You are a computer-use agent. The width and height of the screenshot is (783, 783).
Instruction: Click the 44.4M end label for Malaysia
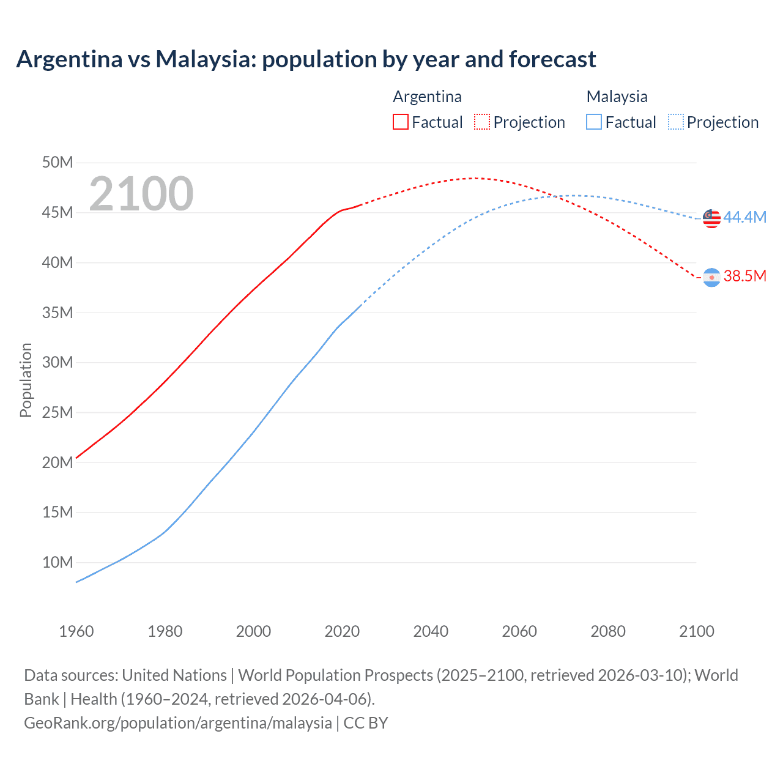click(x=744, y=217)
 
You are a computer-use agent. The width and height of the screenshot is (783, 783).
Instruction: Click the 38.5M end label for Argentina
click(x=744, y=276)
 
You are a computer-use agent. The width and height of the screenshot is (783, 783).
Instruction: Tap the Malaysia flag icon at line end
click(x=711, y=218)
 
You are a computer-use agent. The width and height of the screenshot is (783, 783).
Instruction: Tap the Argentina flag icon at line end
click(x=711, y=277)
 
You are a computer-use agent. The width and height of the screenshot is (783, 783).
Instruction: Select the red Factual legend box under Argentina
click(x=400, y=122)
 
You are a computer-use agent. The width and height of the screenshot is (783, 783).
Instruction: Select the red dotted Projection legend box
click(x=482, y=122)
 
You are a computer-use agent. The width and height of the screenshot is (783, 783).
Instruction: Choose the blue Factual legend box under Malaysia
click(x=593, y=122)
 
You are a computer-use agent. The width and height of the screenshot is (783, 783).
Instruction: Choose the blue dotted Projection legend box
click(x=675, y=122)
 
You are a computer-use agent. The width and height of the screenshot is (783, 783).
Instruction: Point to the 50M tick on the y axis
click(x=58, y=162)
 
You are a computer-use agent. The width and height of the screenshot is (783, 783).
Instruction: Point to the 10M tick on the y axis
click(x=58, y=562)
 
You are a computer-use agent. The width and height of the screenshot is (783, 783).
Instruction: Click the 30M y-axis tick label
click(x=58, y=362)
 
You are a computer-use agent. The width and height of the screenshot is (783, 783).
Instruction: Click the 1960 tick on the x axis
click(x=76, y=631)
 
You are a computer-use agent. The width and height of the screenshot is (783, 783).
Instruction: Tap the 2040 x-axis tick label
click(x=431, y=631)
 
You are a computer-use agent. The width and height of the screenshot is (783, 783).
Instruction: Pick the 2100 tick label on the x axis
click(x=696, y=631)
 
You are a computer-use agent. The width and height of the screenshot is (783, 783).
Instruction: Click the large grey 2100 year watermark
click(x=141, y=194)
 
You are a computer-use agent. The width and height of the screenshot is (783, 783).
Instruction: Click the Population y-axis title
click(x=26, y=380)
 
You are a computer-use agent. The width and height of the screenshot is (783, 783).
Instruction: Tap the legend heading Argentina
click(x=427, y=97)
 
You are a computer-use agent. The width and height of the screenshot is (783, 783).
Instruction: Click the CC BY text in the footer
click(x=365, y=722)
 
